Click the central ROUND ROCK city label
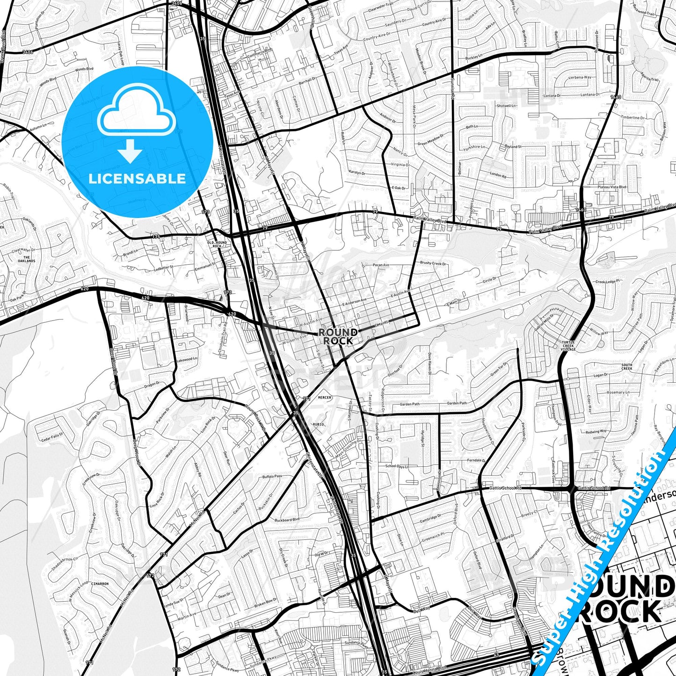(338, 336)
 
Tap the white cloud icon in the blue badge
(137, 114)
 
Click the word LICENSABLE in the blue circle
(137, 178)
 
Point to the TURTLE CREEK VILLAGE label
(568, 346)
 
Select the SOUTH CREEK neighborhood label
(626, 367)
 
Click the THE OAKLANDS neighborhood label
(27, 259)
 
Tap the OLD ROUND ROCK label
(217, 244)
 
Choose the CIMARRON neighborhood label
(100, 584)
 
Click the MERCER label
(324, 398)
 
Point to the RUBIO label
(318, 424)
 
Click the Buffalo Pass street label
(272, 476)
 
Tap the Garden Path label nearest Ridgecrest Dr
(409, 404)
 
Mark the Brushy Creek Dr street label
(433, 263)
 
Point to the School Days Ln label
(397, 466)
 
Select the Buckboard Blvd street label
(287, 520)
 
